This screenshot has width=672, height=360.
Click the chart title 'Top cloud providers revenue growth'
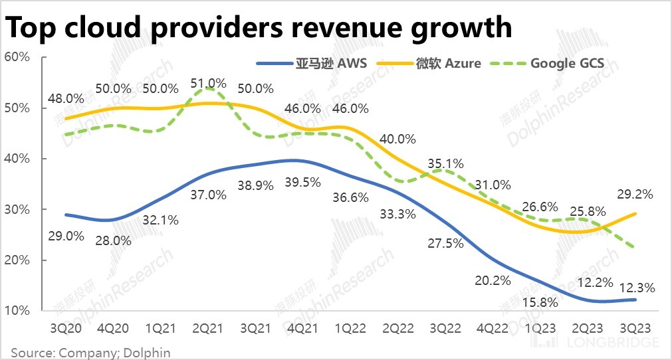pyautogui.click(x=259, y=27)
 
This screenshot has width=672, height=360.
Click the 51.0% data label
pyautogui.click(x=208, y=84)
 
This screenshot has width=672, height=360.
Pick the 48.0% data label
pyautogui.click(x=66, y=98)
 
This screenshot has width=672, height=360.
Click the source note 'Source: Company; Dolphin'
pyautogui.click(x=90, y=353)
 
